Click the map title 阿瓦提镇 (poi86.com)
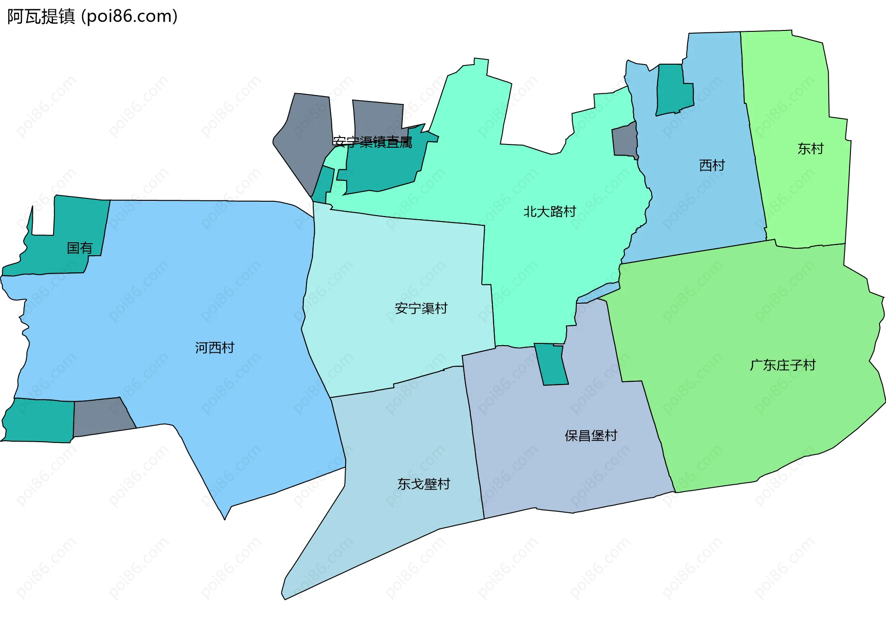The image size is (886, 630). [x=92, y=17]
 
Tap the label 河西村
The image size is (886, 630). [x=215, y=348]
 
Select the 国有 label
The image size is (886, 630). [x=80, y=248]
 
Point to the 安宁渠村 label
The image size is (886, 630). [x=421, y=308]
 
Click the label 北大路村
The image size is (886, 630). [x=550, y=212]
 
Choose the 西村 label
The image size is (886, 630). [x=712, y=165]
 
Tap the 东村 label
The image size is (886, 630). [x=810, y=149]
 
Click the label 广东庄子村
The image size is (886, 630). [x=783, y=366]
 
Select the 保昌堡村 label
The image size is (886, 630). [x=591, y=436]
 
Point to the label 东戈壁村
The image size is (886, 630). [x=424, y=484]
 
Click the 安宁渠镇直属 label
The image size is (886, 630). [x=372, y=142]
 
